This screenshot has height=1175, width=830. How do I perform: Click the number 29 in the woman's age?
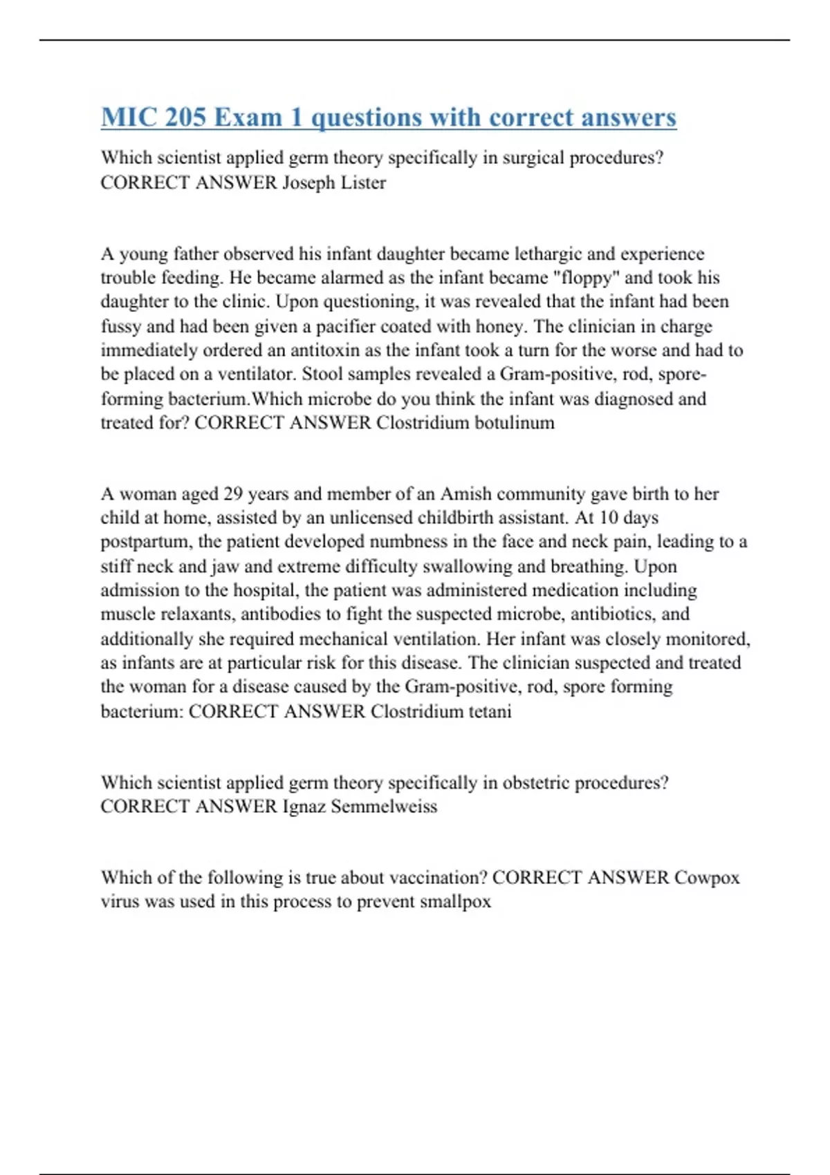(233, 494)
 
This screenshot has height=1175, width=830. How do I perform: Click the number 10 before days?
(608, 518)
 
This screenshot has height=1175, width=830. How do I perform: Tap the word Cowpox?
(707, 878)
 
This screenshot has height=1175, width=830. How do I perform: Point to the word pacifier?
(321, 326)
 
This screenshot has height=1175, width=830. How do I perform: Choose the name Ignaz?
(304, 807)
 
